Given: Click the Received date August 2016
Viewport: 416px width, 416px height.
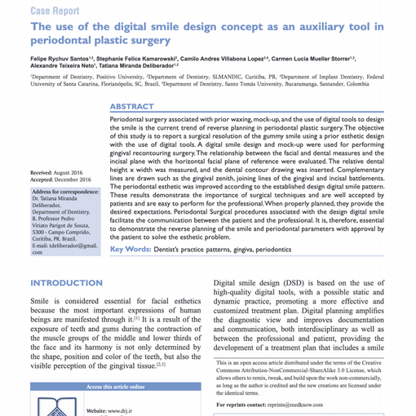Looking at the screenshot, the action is (73, 174).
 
